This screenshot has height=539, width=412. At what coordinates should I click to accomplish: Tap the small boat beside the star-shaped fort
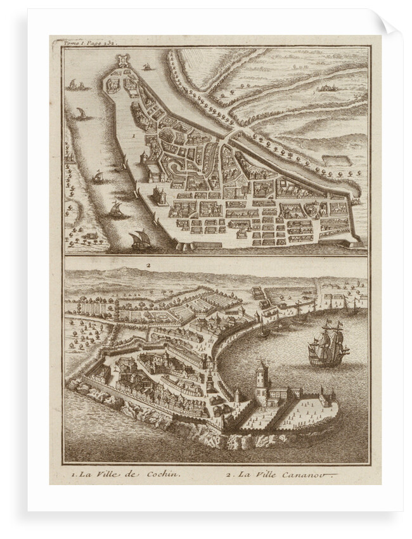(147, 67)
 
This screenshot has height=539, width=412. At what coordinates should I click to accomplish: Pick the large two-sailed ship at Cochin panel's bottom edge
(140, 240)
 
